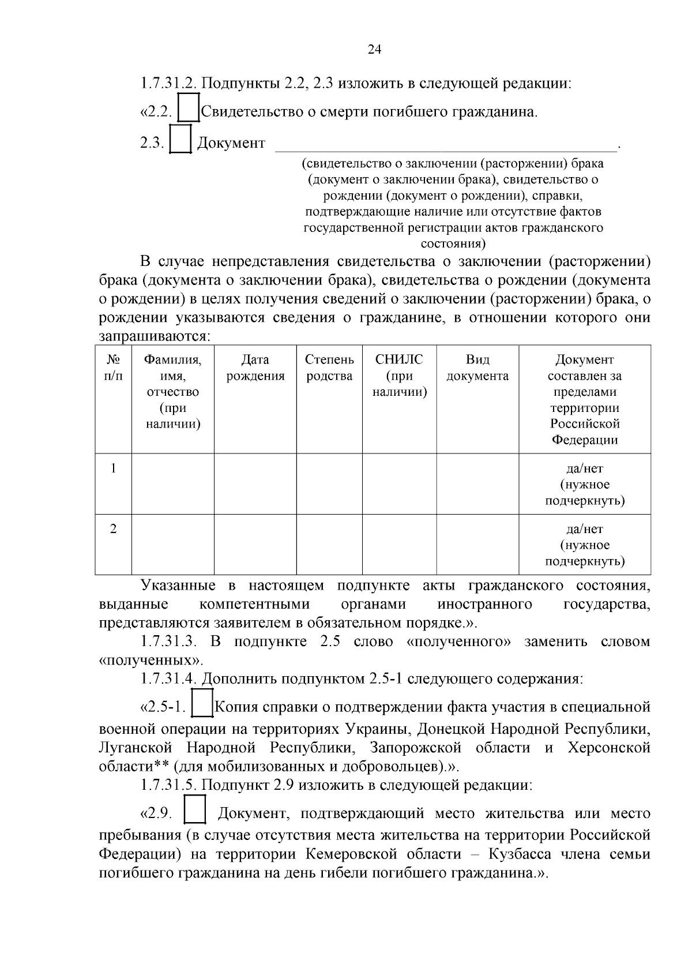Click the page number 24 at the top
pyautogui.click(x=374, y=50)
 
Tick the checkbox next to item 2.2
pyautogui.click(x=188, y=108)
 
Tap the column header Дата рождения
pyautogui.click(x=255, y=368)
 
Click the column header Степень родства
pyautogui.click(x=329, y=368)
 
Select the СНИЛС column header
pyautogui.click(x=399, y=376)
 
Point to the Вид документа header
pyautogui.click(x=477, y=368)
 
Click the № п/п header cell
pyautogui.click(x=114, y=368)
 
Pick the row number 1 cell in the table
pyautogui.click(x=114, y=468)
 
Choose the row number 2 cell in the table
pyautogui.click(x=114, y=528)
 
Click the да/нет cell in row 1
pyautogui.click(x=585, y=484)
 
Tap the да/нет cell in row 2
pyautogui.click(x=585, y=545)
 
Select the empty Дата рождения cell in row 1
pyautogui.click(x=255, y=484)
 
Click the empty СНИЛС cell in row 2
pyautogui.click(x=399, y=545)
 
